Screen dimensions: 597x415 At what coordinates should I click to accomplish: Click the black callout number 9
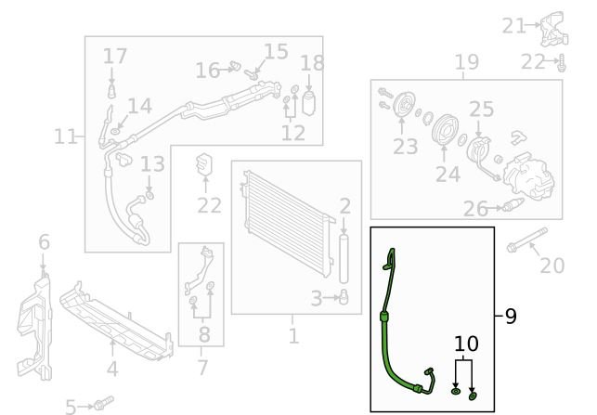click(511, 316)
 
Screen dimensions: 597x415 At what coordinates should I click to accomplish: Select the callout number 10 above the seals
click(466, 344)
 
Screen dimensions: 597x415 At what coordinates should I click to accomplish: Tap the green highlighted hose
click(387, 335)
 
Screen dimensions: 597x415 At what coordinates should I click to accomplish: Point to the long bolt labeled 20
click(527, 240)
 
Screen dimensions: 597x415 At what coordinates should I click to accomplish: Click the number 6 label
click(44, 241)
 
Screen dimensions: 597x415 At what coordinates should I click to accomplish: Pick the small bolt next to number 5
click(103, 402)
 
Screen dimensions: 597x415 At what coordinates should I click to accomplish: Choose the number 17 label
click(114, 56)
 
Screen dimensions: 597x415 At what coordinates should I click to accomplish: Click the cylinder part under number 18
click(308, 102)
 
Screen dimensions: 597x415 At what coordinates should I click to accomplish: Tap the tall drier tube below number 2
click(344, 259)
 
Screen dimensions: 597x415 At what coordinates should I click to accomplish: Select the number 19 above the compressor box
click(467, 62)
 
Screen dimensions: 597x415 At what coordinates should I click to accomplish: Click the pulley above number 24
click(445, 129)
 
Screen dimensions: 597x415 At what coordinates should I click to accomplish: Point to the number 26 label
click(475, 209)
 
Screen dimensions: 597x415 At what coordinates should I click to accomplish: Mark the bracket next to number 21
click(554, 29)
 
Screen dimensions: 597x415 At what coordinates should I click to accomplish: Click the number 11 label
click(66, 136)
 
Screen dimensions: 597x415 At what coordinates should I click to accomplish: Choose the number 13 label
click(152, 163)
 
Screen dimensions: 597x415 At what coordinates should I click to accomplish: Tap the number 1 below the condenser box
click(293, 336)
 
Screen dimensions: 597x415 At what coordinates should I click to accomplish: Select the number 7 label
click(203, 368)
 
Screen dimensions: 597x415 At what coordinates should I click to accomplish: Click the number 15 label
click(276, 51)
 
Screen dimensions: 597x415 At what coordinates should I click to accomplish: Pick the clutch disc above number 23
click(404, 104)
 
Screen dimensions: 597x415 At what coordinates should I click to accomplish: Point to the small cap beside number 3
click(344, 297)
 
